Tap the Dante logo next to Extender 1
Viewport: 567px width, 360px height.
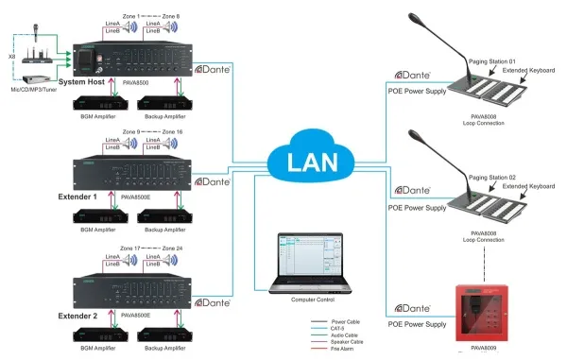coord(214,181)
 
